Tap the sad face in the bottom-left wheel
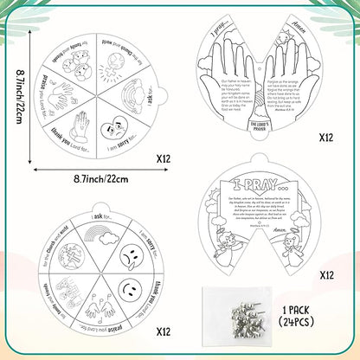coord(127,260)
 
